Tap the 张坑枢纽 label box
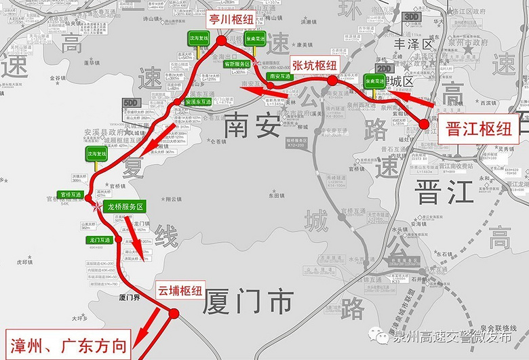(x=314, y=65)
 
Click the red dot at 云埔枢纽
(x=174, y=313)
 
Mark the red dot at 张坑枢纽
(x=332, y=80)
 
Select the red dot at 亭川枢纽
(x=222, y=41)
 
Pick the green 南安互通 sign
(x=279, y=77)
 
